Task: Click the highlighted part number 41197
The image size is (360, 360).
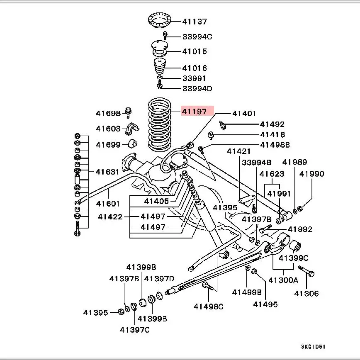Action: tap(194, 111)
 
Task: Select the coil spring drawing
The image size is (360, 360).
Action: tap(160, 125)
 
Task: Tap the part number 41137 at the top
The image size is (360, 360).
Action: tap(195, 21)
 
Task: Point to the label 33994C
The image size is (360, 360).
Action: tap(197, 36)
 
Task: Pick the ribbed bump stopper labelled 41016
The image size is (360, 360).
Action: tap(160, 66)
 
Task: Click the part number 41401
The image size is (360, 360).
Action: tap(244, 113)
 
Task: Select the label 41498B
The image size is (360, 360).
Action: tap(275, 145)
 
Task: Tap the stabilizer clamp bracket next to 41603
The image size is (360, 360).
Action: tap(132, 129)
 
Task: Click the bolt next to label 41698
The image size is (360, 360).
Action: tap(128, 112)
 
